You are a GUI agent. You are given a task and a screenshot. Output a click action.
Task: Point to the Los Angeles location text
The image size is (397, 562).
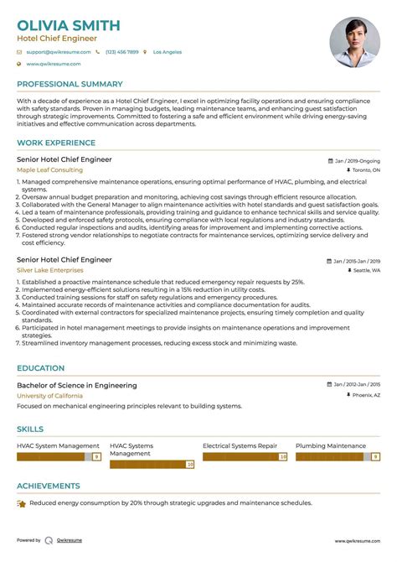click(x=167, y=52)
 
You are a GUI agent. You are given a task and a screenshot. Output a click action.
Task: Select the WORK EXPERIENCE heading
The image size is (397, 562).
click(x=55, y=143)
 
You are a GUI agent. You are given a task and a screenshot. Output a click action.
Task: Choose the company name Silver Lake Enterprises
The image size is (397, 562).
click(x=49, y=270)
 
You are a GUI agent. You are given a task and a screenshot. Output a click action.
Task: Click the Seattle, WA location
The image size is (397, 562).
click(x=365, y=270)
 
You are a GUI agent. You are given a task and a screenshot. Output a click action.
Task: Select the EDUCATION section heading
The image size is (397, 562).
click(x=40, y=368)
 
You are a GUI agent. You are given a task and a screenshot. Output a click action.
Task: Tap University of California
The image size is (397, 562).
click(x=49, y=395)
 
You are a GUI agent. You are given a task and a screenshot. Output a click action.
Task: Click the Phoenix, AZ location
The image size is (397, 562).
click(x=364, y=395)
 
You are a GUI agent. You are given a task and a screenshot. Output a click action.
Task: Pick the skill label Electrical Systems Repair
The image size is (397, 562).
click(x=240, y=445)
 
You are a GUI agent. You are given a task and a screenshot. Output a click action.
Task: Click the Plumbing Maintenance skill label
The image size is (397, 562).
click(x=330, y=445)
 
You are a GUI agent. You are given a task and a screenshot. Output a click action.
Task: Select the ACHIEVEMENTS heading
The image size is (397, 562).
click(x=49, y=485)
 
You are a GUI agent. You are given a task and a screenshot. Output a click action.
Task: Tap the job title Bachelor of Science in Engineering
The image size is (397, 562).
click(x=76, y=386)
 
